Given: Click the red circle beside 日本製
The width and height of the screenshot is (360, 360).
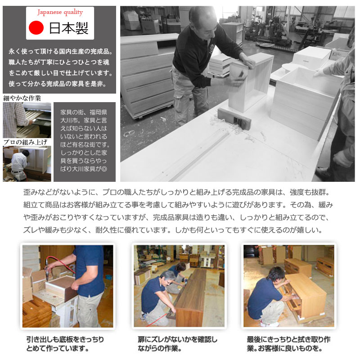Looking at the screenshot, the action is [36, 27].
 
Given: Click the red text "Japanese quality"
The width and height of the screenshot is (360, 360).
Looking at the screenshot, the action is [60, 12].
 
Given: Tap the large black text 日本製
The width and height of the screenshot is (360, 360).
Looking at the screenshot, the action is [69, 28].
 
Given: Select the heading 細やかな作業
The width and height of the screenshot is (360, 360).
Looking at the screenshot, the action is [22, 98].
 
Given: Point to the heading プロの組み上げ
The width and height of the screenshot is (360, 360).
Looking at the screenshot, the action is [25, 142].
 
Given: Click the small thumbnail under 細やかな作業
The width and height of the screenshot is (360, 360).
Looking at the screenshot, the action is [27, 120].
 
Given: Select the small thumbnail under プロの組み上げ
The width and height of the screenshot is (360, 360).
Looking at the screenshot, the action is [27, 164].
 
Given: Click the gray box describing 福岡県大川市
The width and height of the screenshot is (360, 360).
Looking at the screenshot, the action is [85, 142].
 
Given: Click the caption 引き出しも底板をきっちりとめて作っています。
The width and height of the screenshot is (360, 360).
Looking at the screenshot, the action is [65, 344].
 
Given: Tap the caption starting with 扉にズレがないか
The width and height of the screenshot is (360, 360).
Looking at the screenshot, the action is [177, 344].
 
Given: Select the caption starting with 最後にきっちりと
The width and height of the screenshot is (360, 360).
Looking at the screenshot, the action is [288, 344].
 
